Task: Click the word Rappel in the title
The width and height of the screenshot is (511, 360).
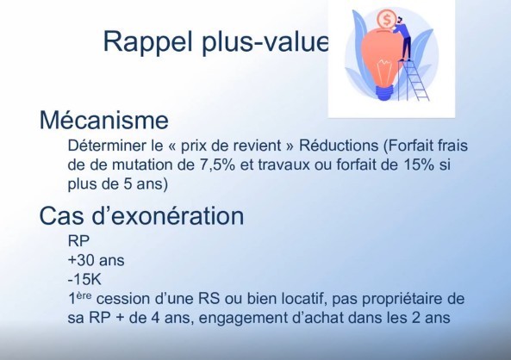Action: coord(148,42)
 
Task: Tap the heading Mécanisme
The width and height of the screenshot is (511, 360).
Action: coord(104,121)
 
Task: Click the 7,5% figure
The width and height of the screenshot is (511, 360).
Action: coord(215,164)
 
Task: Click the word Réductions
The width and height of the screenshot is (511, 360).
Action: coord(339,146)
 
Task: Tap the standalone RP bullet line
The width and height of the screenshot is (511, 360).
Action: coord(78,241)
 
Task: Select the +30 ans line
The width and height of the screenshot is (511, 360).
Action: coord(97,260)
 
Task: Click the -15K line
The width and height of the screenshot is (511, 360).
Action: coord(84,280)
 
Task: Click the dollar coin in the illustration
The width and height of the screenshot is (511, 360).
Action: coord(387,20)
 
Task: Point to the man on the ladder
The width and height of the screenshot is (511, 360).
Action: coord(403,39)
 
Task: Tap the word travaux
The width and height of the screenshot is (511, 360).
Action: coord(284,164)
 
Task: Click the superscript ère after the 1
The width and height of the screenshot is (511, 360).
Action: coord(84,295)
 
